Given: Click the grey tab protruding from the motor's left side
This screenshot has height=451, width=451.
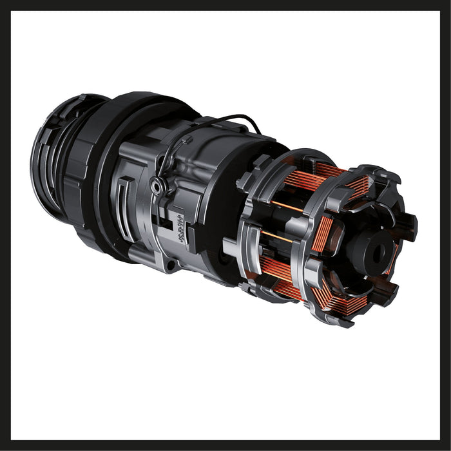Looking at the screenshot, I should pyautogui.click(x=230, y=245).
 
